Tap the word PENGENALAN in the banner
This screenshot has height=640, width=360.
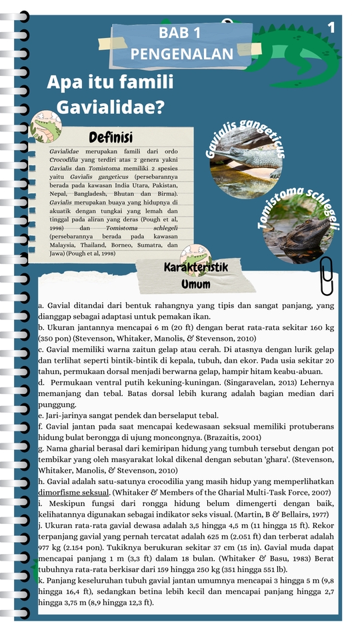182,54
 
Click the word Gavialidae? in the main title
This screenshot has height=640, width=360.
111,107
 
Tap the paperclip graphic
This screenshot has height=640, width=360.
327,275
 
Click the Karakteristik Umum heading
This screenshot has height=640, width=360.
196,275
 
